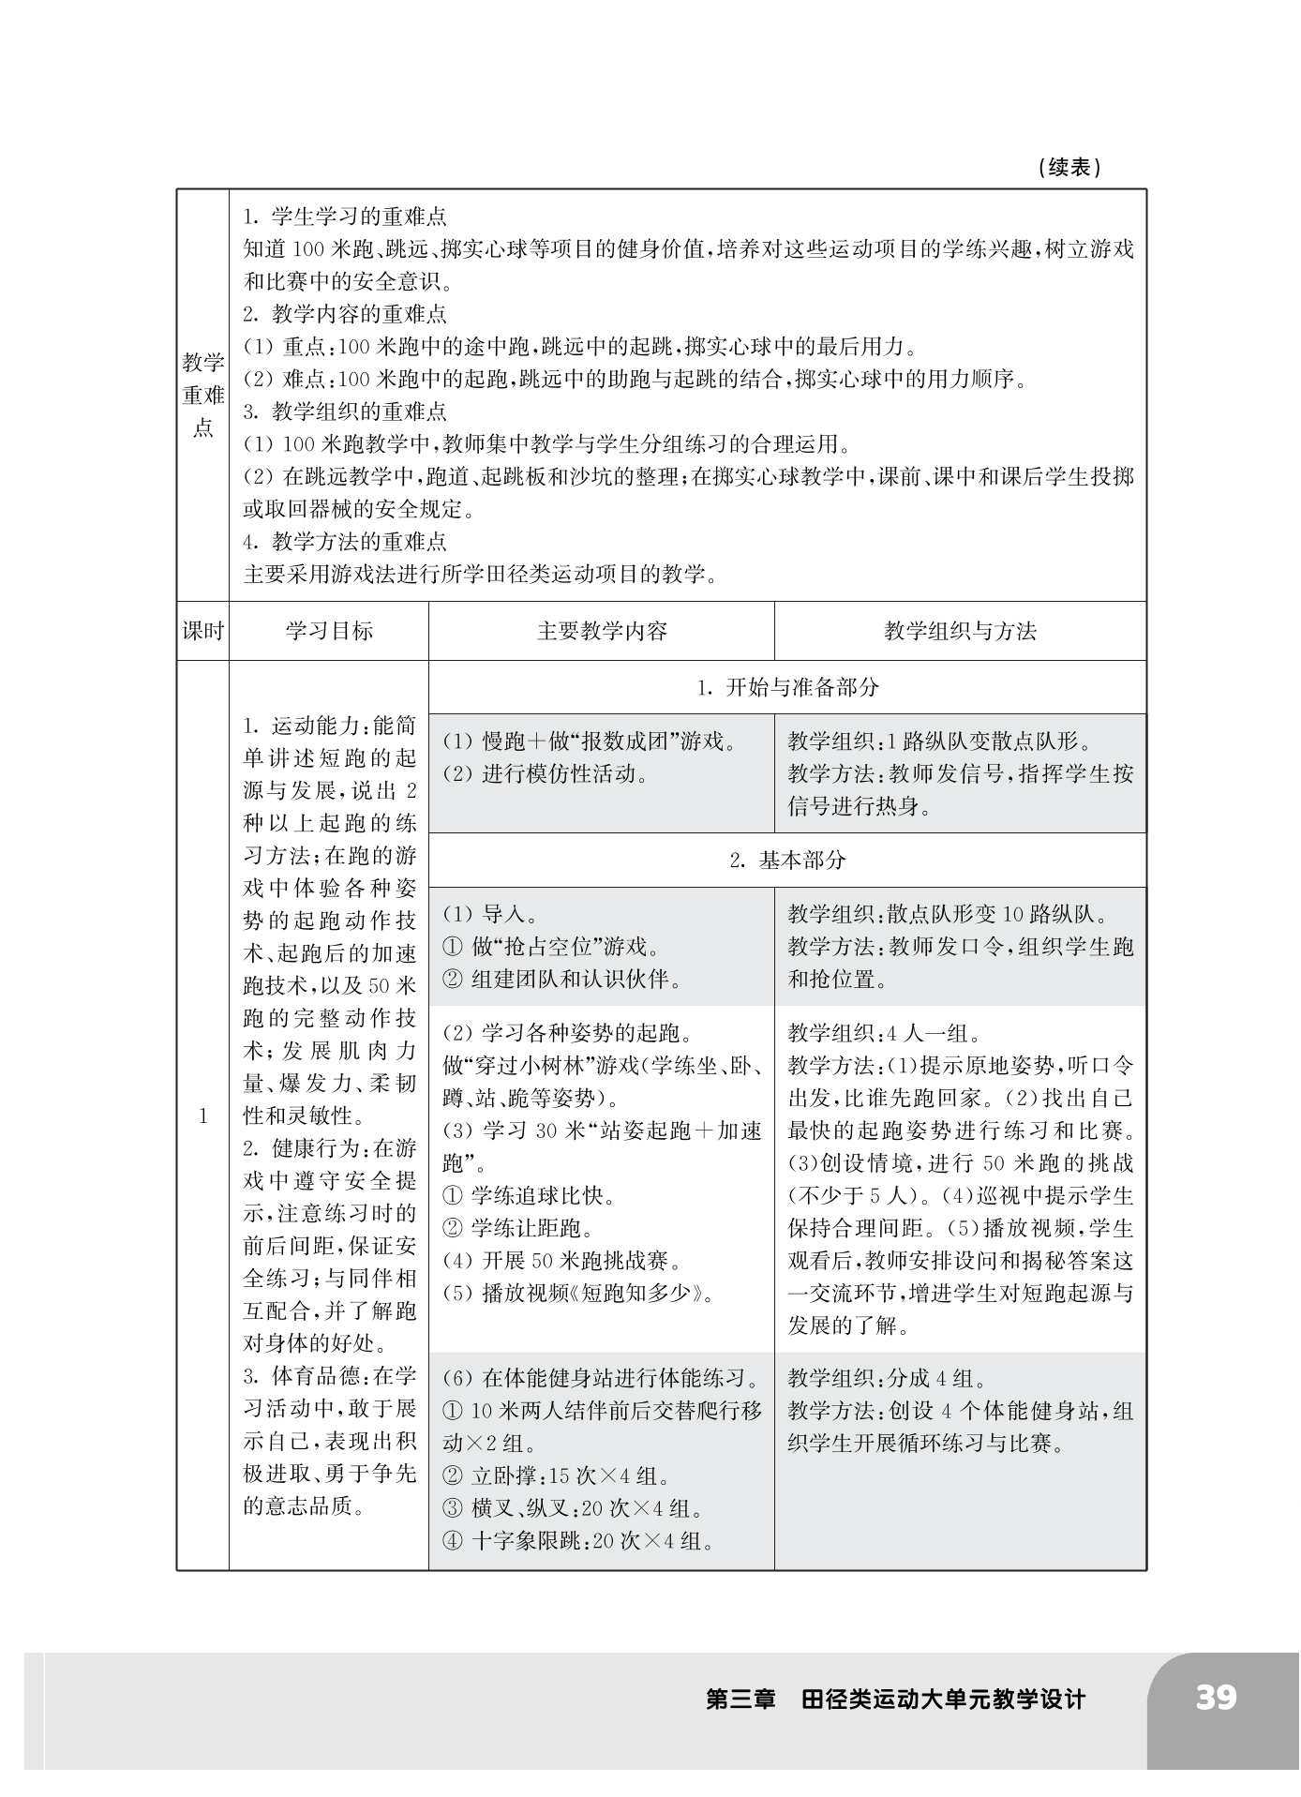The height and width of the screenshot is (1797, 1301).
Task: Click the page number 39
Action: tap(1216, 1698)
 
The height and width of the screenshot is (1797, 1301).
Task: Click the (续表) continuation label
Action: tap(1069, 168)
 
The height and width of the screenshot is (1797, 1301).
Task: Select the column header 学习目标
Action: tap(329, 631)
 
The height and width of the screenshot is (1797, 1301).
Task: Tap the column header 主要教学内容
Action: tap(602, 631)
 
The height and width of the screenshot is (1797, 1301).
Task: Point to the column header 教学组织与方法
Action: tap(960, 631)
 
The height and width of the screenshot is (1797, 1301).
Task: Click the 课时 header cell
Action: tap(202, 631)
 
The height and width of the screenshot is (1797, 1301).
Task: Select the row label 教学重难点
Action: tap(202, 396)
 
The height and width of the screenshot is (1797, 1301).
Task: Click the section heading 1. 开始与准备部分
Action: tap(787, 687)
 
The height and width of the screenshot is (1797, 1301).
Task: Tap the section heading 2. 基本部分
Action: tap(787, 860)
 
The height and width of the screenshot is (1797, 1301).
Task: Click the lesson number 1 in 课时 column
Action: tap(202, 1116)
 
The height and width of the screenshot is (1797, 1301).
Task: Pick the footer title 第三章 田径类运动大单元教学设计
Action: tap(895, 1699)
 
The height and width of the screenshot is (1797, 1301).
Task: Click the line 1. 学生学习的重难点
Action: tap(345, 217)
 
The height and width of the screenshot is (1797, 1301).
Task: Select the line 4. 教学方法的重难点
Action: tap(345, 541)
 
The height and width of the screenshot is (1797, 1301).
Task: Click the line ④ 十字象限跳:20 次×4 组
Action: tap(579, 1541)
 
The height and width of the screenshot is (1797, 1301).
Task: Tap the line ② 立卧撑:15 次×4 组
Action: tap(557, 1475)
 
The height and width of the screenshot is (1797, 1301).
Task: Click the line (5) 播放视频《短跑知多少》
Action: tap(579, 1293)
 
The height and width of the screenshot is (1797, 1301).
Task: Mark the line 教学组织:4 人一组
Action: tap(884, 1033)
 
